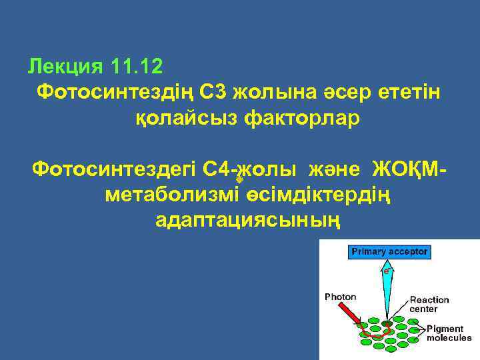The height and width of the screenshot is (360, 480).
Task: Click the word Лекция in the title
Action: [65, 67]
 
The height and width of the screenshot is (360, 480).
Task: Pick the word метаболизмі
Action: [171, 194]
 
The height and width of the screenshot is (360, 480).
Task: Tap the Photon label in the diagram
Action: [340, 297]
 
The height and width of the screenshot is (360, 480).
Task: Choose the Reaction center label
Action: [429, 305]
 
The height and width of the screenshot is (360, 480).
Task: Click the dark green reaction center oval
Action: [387, 325]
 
